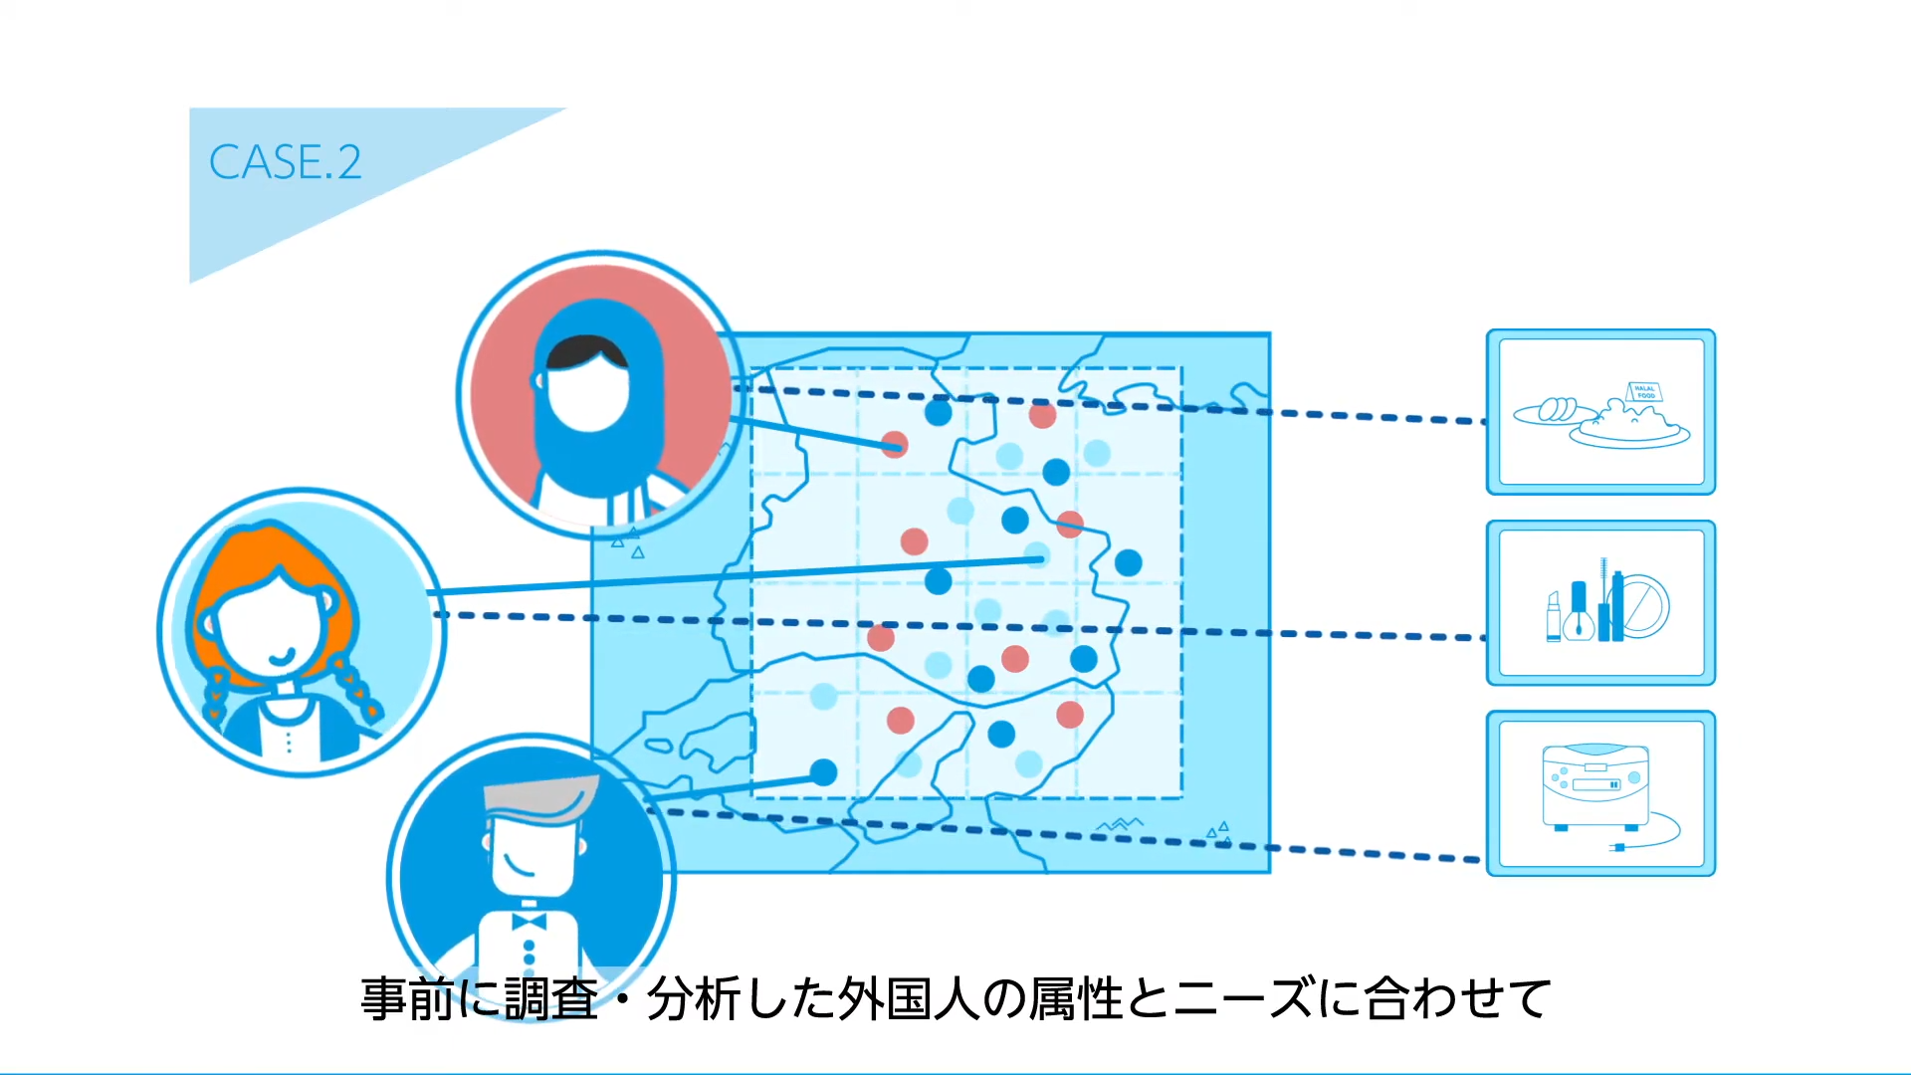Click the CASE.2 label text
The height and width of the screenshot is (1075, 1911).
(x=285, y=162)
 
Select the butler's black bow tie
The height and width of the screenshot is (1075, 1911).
(x=529, y=921)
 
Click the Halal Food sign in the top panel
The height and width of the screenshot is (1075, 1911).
(x=1644, y=392)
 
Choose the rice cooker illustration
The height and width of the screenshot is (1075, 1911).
(x=1594, y=786)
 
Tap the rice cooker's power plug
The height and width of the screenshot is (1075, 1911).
(x=1618, y=847)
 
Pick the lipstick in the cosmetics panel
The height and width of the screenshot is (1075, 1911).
(x=1554, y=617)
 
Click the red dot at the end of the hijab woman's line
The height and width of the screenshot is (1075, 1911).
(x=894, y=444)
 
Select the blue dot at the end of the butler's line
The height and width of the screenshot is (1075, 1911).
(x=823, y=771)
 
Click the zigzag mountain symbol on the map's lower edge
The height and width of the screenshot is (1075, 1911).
(x=1120, y=824)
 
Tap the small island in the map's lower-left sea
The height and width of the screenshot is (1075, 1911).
(x=658, y=745)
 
